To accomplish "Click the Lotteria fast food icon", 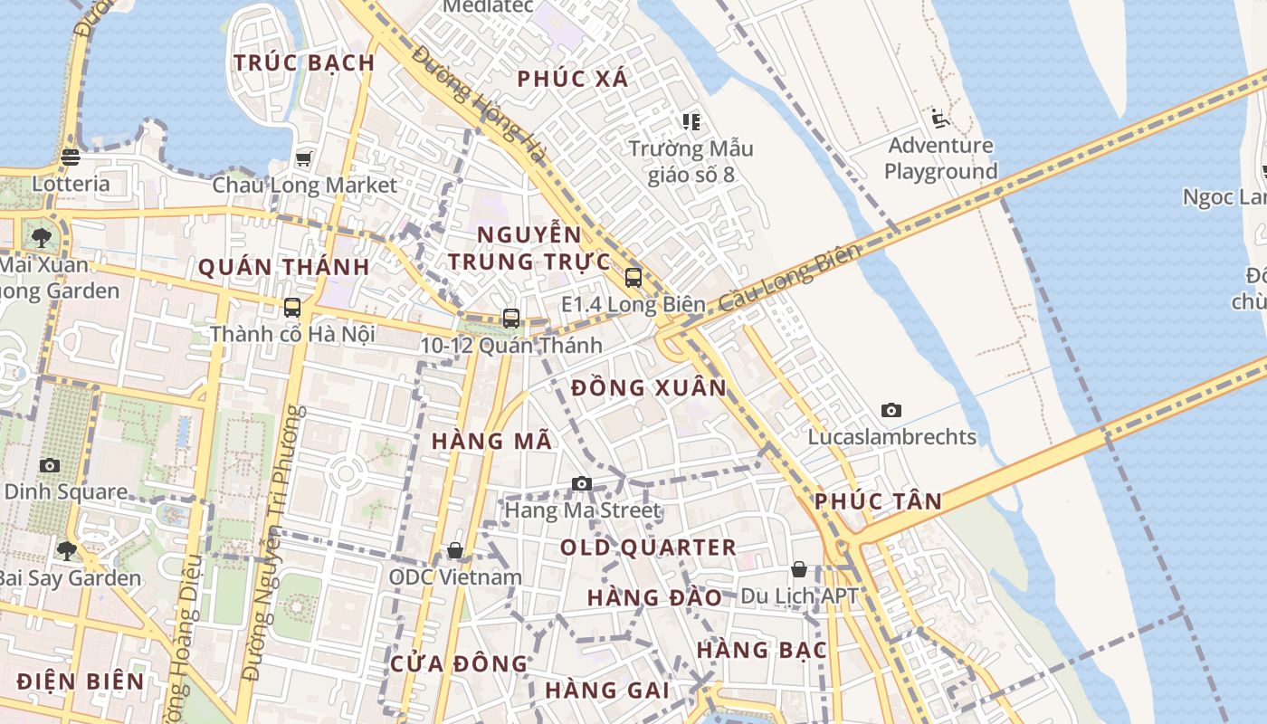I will coord(71,157).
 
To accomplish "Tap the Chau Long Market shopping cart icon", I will coord(304,159).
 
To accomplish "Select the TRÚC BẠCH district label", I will coord(304,62).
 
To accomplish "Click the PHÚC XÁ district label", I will coord(572,79).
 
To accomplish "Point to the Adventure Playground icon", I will coord(940,119).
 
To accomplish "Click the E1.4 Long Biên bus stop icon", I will coord(633,278).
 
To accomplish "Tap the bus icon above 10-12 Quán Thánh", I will coord(511,319).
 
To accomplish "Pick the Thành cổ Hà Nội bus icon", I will coord(292,308).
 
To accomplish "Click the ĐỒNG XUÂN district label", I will coord(649,388).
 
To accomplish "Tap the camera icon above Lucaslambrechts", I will coord(891,411).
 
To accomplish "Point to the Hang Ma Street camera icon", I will coord(582,484).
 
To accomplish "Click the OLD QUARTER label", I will coord(648,548).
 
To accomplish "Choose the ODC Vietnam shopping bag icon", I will coord(455,550).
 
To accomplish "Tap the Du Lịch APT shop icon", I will coord(799,569).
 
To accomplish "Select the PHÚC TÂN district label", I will coord(878,501).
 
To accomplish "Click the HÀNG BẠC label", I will coord(761,650).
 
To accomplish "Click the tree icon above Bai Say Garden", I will coord(66,550).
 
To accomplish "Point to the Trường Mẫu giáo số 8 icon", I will coord(691,121).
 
